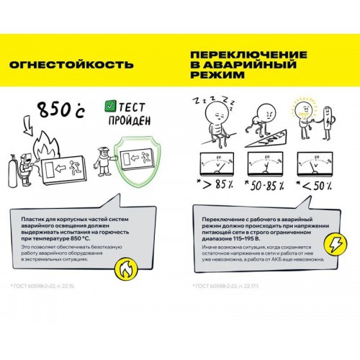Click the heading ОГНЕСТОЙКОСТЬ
coord(71,66)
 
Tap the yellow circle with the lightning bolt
coord(336,245)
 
